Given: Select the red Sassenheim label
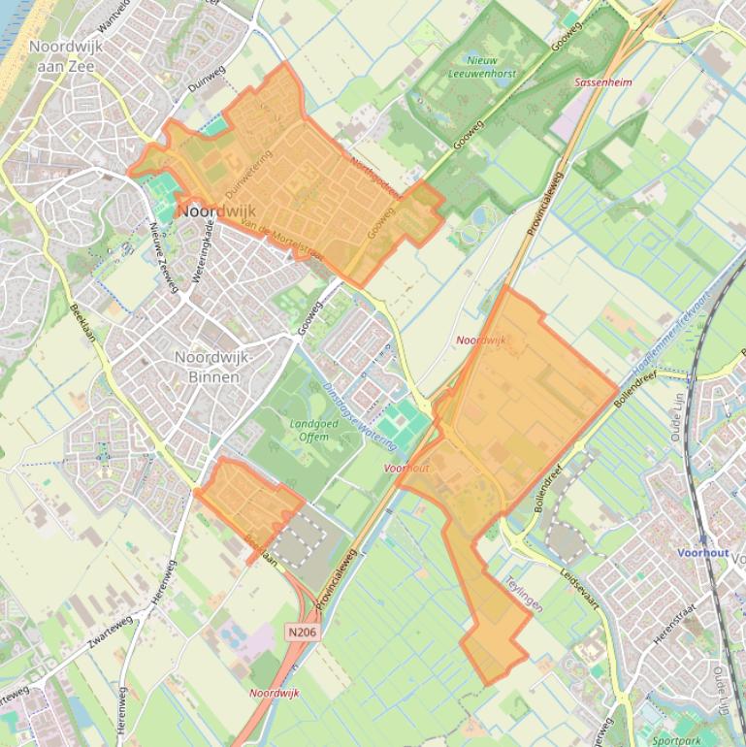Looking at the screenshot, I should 602,82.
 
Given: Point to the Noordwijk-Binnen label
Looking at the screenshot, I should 213,367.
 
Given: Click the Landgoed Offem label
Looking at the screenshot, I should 308,430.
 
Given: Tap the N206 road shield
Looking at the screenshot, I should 302,632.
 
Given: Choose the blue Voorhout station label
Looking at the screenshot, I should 703,552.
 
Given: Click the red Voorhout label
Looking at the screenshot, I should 406,468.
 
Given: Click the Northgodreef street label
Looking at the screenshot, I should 376,179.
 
